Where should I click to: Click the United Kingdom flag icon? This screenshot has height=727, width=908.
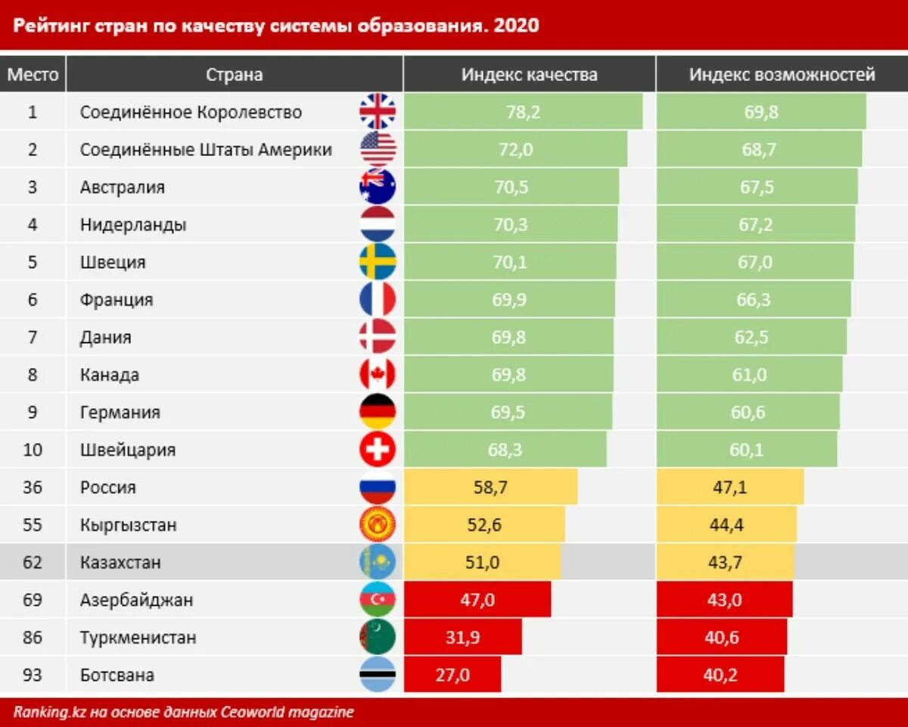click(x=378, y=111)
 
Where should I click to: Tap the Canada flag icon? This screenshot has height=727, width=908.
click(x=378, y=374)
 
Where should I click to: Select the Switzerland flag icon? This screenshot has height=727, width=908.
click(x=378, y=450)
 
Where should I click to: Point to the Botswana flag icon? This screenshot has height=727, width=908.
click(x=378, y=675)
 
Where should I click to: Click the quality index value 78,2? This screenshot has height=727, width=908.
click(x=523, y=112)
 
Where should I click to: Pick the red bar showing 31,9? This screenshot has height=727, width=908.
click(x=463, y=637)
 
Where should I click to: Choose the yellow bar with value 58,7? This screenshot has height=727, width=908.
click(x=490, y=487)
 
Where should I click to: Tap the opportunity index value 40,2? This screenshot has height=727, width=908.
click(x=720, y=675)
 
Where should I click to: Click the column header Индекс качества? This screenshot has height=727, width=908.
click(x=529, y=74)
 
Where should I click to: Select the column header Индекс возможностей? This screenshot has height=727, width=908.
click(x=782, y=74)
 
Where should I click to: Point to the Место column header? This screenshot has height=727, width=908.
click(x=33, y=74)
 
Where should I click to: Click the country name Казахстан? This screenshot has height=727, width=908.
click(x=120, y=563)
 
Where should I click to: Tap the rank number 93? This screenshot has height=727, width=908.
click(x=33, y=675)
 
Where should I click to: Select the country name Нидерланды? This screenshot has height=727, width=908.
click(x=133, y=225)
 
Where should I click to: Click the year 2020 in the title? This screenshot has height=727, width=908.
click(x=516, y=26)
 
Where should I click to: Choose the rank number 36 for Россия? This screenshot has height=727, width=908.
click(x=33, y=487)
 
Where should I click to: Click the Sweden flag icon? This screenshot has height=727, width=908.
click(x=378, y=261)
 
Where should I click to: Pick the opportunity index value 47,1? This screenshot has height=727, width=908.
click(x=729, y=487)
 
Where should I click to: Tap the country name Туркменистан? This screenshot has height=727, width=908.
click(x=138, y=637)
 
